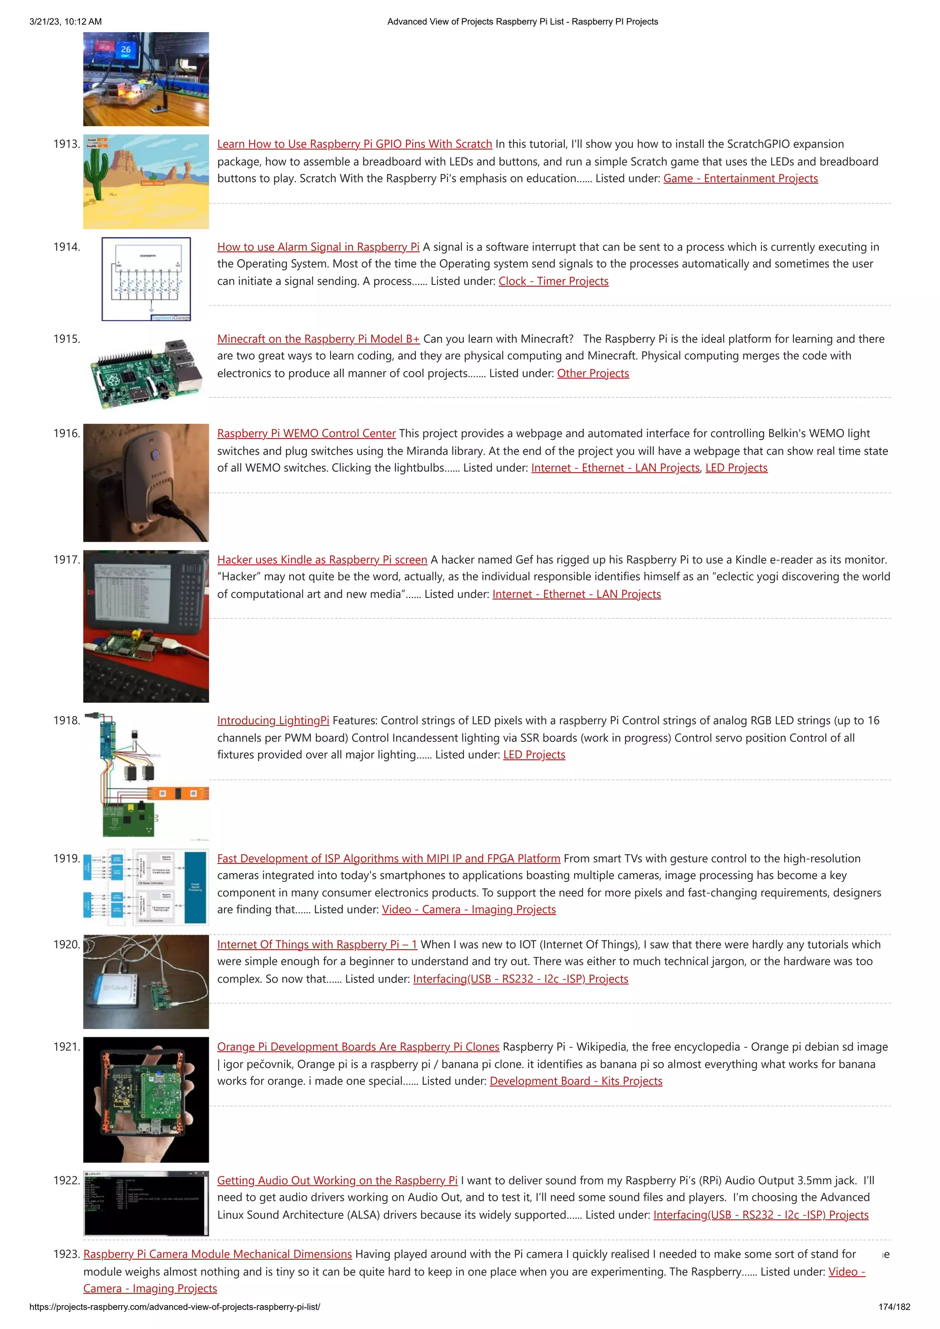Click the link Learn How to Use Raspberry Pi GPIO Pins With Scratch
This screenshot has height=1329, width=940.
click(354, 144)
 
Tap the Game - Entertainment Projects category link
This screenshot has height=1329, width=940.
click(740, 178)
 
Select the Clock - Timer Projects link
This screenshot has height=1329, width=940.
click(553, 281)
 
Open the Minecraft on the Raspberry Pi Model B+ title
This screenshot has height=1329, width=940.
click(318, 339)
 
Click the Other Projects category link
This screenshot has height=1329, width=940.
click(593, 373)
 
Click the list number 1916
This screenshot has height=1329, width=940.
click(66, 434)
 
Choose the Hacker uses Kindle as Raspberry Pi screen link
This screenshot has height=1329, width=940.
click(322, 560)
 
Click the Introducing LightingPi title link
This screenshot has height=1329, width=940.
click(273, 721)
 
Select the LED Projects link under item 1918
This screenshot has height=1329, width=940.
click(534, 755)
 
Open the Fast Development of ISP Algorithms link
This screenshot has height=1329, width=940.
click(389, 858)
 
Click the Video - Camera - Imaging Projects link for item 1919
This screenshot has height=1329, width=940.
click(469, 909)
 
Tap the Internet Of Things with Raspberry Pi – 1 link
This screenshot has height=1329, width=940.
click(317, 945)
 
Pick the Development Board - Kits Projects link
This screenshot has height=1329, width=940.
click(576, 1081)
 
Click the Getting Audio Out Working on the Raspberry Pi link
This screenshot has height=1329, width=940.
click(337, 1180)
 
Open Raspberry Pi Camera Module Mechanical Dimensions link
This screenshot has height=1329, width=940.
click(217, 1254)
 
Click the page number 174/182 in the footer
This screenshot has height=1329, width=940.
click(894, 1307)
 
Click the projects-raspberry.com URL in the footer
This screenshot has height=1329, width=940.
click(174, 1307)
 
